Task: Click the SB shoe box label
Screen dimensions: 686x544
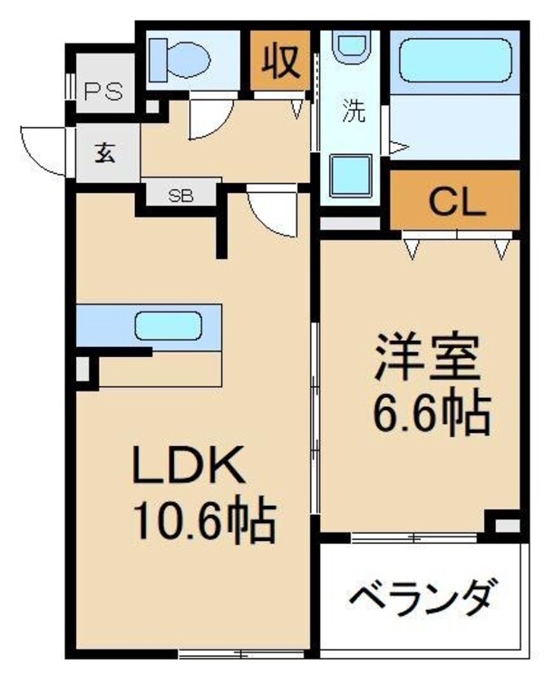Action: tap(182, 194)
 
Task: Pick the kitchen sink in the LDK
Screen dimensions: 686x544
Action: tap(169, 324)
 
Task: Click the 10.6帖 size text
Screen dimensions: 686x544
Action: tap(204, 520)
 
